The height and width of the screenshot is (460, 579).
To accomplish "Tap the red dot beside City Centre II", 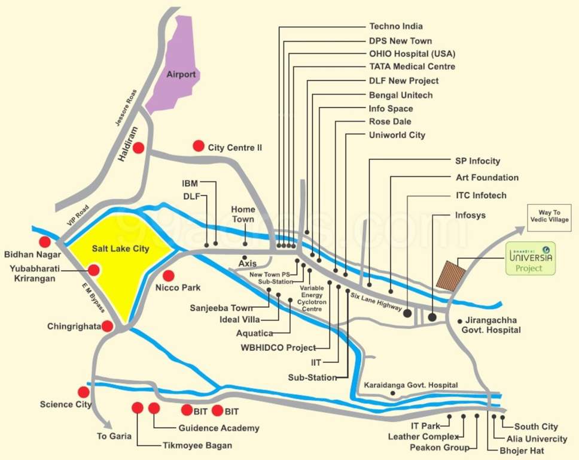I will coord(198,146).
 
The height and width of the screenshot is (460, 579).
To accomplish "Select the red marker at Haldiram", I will coord(139,147).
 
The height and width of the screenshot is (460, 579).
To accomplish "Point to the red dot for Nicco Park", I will coord(169,276).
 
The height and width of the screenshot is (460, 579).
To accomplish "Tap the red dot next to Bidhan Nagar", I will coord(44,241).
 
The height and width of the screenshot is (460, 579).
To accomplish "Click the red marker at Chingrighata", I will coord(107,326).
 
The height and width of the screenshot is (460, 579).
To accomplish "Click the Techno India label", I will coord(396,26).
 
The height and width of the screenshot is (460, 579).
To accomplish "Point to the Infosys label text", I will coord(470,215).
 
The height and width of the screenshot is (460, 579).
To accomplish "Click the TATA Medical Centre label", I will coord(412,66).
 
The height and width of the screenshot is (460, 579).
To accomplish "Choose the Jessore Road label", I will coord(127,108).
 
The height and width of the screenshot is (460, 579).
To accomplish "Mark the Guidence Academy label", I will coord(219,428).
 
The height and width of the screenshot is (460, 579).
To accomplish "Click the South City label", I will coord(536,426).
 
